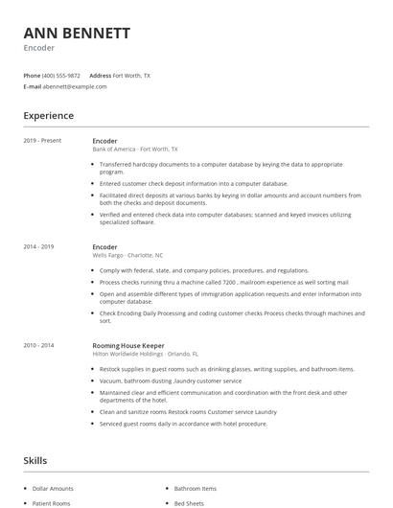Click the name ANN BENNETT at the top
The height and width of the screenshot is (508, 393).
click(x=76, y=34)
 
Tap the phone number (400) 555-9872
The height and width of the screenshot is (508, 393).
click(x=61, y=75)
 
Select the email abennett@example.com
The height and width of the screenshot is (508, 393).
click(x=75, y=86)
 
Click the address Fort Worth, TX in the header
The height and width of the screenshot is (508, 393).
click(x=131, y=75)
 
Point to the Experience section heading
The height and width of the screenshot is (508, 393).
click(x=49, y=116)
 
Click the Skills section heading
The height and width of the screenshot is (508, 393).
click(x=35, y=461)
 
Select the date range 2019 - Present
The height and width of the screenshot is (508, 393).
click(x=42, y=141)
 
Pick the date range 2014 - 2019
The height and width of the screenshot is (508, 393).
click(x=38, y=247)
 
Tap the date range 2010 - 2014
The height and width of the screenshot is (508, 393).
click(x=38, y=344)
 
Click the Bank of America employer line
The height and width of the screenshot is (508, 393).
click(x=134, y=150)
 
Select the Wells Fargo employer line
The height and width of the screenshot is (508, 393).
click(x=127, y=256)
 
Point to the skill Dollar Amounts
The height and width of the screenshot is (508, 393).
click(x=54, y=490)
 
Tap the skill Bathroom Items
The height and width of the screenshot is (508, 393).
click(x=196, y=490)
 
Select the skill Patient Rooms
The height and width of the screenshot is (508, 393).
click(x=53, y=502)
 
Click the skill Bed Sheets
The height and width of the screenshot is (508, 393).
click(x=189, y=502)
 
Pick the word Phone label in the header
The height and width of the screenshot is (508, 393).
click(x=32, y=75)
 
